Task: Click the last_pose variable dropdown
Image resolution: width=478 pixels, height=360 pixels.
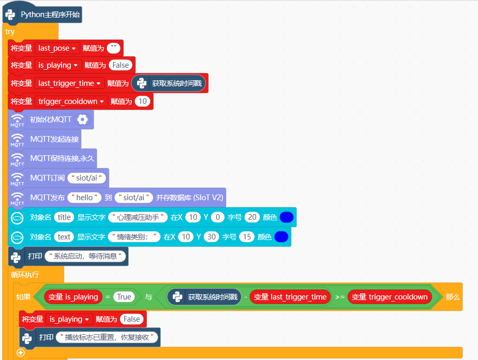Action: pos(57,48)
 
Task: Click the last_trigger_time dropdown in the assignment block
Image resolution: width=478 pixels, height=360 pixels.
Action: pos(69,83)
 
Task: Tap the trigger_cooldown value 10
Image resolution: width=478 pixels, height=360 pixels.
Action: pos(143,101)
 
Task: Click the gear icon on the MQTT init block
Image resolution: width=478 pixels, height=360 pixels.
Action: pos(82,119)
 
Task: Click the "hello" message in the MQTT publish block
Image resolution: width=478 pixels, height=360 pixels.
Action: pos(84,197)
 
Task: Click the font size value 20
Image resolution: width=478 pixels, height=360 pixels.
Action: pos(252,217)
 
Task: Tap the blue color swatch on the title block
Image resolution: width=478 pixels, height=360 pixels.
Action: pos(287,217)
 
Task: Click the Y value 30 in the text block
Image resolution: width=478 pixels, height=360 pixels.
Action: pos(211,237)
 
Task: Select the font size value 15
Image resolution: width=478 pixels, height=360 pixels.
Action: pos(247,237)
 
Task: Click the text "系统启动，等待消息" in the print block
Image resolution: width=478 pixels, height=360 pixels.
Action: pos(86,256)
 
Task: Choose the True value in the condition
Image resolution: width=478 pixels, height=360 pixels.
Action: pos(124,297)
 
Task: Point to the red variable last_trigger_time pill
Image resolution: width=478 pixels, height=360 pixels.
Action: pos(290,297)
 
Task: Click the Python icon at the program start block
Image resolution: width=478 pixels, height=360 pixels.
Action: pos(11,14)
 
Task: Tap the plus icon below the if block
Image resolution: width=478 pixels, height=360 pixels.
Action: pos(21,352)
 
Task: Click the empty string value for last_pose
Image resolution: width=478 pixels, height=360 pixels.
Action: pos(114,48)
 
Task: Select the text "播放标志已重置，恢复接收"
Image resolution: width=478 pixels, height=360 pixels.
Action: pos(108,337)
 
